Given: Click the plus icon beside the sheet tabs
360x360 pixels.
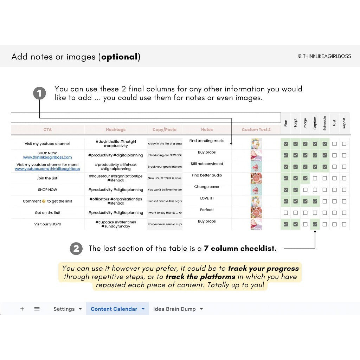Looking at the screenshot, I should [22, 309].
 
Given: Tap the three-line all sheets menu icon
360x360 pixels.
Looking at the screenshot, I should [37, 309].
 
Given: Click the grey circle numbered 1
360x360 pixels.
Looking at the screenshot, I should [39, 94].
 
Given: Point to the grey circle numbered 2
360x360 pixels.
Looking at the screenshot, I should [76, 249].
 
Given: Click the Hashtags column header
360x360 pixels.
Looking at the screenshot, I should [116, 130].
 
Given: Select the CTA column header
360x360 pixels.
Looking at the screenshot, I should [47, 130].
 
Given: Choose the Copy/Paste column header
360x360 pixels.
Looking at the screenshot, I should [165, 130].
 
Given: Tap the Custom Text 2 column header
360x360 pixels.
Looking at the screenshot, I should [256, 130].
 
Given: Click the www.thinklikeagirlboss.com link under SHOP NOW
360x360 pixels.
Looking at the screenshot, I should [47, 157].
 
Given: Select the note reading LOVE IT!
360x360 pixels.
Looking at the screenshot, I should [207, 198].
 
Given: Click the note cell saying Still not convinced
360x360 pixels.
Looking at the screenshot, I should [207, 164].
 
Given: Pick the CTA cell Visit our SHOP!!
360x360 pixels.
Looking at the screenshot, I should [47, 224].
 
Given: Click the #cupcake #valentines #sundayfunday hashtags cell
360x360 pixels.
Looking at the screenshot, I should [116, 224].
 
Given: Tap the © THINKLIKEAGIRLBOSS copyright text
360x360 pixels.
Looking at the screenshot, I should [324, 56].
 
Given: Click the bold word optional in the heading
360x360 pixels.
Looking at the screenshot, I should [120, 57].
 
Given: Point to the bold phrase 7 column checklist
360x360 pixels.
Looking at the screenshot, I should [240, 249].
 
